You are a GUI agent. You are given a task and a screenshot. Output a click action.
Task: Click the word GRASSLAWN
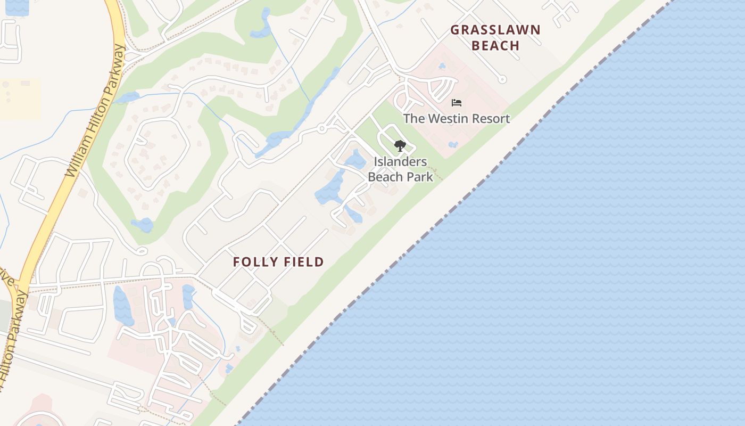(495, 30)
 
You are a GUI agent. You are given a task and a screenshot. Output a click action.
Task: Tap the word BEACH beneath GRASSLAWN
(495, 46)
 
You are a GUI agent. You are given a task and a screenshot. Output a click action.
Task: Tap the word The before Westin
(413, 119)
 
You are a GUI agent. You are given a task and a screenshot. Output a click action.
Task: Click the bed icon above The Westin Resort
(456, 103)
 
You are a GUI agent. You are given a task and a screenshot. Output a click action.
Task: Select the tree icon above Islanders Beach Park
(400, 145)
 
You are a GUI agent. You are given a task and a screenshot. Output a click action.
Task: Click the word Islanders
(400, 162)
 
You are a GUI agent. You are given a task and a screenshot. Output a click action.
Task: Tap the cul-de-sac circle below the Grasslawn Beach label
(502, 79)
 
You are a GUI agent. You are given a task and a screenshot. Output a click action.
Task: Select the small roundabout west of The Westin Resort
(321, 128)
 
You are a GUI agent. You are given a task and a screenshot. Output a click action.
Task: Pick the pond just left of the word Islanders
(355, 160)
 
